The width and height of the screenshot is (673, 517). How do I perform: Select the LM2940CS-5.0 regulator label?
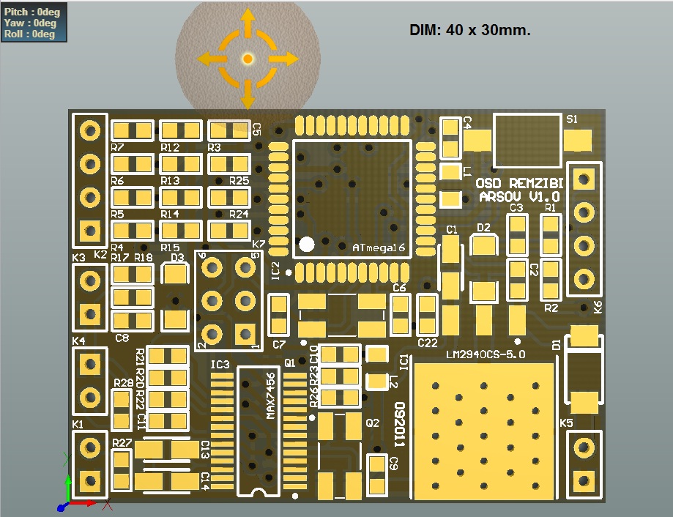pyautogui.click(x=486, y=354)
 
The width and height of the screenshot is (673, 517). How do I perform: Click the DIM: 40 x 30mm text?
pyautogui.click(x=469, y=30)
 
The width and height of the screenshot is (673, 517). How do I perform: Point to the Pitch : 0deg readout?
pyautogui.click(x=31, y=12)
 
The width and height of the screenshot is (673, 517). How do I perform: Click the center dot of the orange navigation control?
pyautogui.click(x=248, y=58)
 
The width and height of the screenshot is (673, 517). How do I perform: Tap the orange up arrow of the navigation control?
pyautogui.click(x=248, y=21)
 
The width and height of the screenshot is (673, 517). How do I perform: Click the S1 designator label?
pyautogui.click(x=573, y=119)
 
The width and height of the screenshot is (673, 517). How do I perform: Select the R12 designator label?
pyautogui.click(x=170, y=147)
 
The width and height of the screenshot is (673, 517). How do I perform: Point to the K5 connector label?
pyautogui.click(x=567, y=423)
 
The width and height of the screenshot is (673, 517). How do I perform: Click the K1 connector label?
pyautogui.click(x=78, y=424)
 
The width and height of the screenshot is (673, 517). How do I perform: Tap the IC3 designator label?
pyautogui.click(x=220, y=364)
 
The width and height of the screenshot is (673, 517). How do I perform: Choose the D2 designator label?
pyautogui.click(x=483, y=227)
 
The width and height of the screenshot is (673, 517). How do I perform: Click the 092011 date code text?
pyautogui.click(x=399, y=424)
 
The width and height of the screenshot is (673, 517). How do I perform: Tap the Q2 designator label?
pyautogui.click(x=373, y=423)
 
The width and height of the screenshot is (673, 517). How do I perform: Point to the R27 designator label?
pyautogui.click(x=122, y=443)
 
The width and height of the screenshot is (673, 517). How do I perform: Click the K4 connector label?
pyautogui.click(x=78, y=341)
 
